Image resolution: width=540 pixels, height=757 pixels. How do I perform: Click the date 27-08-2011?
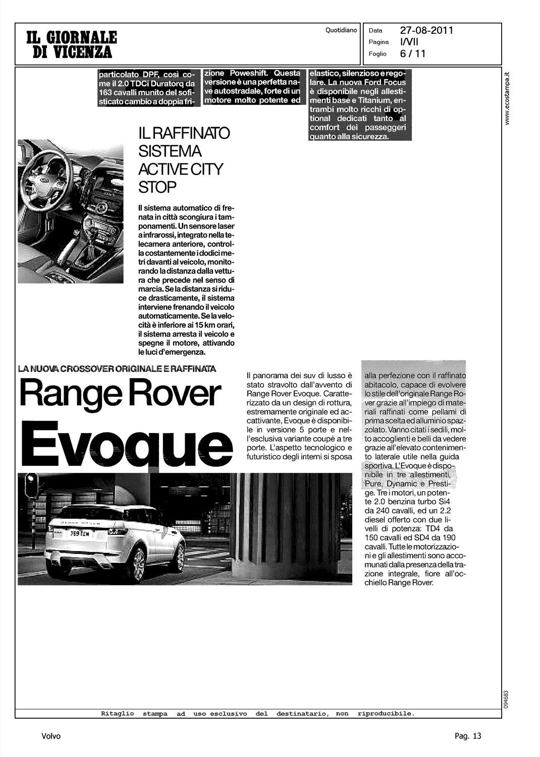(x=426, y=30)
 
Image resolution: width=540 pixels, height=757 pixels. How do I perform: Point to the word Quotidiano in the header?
(x=341, y=30)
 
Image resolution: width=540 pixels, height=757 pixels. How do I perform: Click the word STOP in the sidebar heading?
(x=157, y=188)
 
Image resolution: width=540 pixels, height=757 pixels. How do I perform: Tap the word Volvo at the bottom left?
(x=51, y=736)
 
